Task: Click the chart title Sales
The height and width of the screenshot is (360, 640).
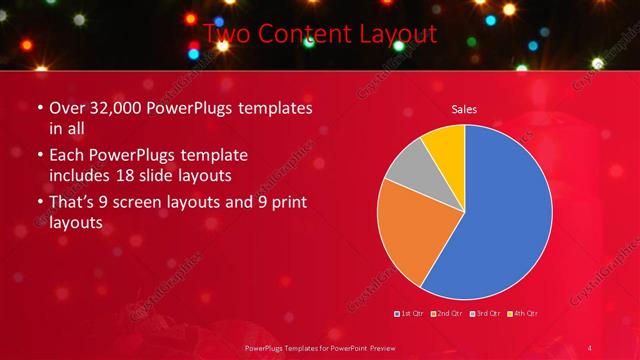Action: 464,108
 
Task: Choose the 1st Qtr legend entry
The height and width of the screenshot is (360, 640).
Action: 409,313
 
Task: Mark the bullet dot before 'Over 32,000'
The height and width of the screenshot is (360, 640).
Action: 40,109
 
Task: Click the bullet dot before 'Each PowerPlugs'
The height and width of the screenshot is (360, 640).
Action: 40,157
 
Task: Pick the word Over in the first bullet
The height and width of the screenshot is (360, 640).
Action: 66,108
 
